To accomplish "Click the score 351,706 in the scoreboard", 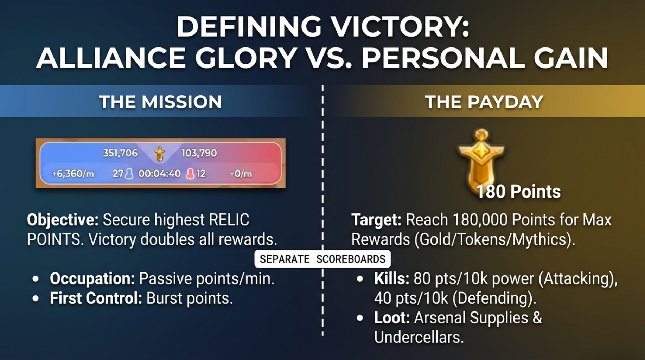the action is coord(120,153).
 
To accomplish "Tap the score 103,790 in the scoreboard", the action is coord(199,153).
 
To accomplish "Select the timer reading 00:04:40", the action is coord(160,174).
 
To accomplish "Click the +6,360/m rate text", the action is coord(73,174).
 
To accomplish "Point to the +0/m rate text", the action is coord(241,174).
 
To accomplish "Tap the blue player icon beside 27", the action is coord(129,174).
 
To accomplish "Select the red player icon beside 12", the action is coord(190,174).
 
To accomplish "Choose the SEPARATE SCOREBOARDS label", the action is coord(322,259).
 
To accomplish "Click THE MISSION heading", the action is coord(160,102).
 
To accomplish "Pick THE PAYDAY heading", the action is coord(484,102).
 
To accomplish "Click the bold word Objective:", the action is coord(63,220).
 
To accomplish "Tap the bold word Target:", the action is coord(376,220).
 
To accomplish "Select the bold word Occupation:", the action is coord(92,279).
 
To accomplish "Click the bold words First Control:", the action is coord(96,298).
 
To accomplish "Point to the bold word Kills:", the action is coord(392,279).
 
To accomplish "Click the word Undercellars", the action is coord(419,337).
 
